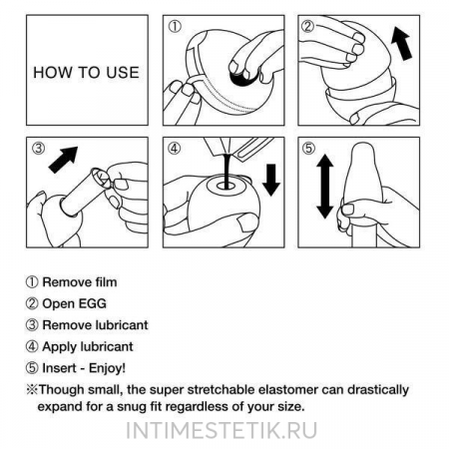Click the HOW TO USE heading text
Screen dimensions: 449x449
pyautogui.click(x=86, y=73)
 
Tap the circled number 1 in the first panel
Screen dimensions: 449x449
pyautogui.click(x=175, y=26)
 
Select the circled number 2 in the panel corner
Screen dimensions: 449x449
pyautogui.click(x=307, y=26)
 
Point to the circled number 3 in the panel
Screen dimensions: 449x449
pyautogui.click(x=39, y=148)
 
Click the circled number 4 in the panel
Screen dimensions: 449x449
pyautogui.click(x=175, y=148)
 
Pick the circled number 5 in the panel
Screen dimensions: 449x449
pyautogui.click(x=308, y=148)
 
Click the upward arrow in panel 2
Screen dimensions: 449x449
pyautogui.click(x=401, y=44)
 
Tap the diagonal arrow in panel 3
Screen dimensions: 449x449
pyautogui.click(x=63, y=159)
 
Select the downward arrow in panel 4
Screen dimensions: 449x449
pyautogui.click(x=271, y=180)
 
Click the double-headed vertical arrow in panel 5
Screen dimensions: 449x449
pyautogui.click(x=325, y=187)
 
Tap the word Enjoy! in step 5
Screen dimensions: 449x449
pyautogui.click(x=107, y=368)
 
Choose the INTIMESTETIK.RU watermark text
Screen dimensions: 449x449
pyautogui.click(x=222, y=430)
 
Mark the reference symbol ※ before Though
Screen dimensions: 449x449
pyautogui.click(x=32, y=389)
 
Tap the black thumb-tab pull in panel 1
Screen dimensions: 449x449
pyautogui.click(x=243, y=79)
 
